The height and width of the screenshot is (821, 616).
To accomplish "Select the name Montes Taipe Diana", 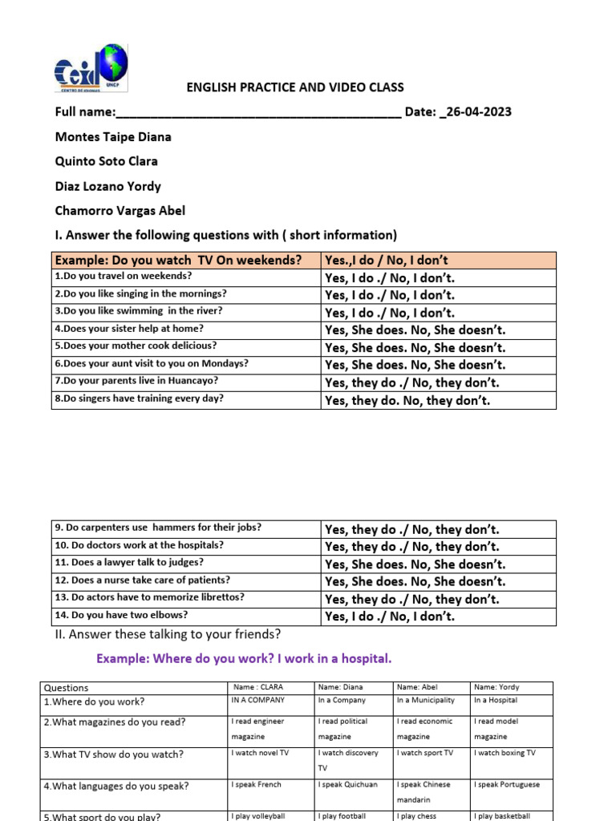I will coord(112,136).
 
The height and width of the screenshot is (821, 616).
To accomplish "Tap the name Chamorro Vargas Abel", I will coord(120,211).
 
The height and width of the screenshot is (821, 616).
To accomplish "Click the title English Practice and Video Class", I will coord(295,87).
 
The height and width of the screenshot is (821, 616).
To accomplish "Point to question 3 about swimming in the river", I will coord(139,311).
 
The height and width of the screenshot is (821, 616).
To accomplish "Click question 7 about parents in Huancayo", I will coord(136,381).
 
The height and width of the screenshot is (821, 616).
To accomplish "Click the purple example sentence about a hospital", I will coord(244,658).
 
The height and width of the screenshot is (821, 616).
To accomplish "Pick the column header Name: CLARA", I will coord(258,687).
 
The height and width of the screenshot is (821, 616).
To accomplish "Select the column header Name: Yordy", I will coord(496,687).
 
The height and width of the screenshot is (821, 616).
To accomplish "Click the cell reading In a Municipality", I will coord(426,701).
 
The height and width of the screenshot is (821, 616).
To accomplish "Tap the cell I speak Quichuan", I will coord(348,785).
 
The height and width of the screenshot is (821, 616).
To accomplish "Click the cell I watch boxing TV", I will coord(505,753).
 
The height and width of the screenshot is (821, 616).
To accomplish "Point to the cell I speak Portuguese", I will coord(507,785).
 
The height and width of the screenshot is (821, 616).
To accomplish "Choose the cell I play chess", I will coord(415,816).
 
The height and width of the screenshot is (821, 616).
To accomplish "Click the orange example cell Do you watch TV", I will coord(178,260).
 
